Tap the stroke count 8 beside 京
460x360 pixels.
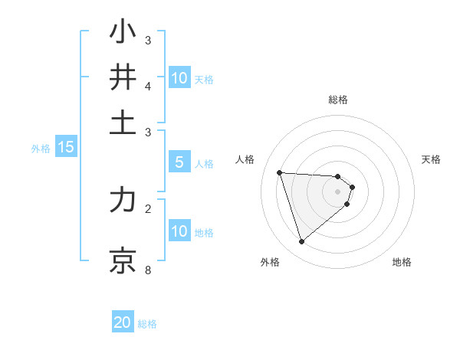(x=148, y=270)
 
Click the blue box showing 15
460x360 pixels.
(x=66, y=148)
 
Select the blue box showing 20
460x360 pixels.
(x=123, y=322)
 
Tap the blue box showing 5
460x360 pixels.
(x=179, y=162)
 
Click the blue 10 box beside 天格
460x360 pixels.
(x=179, y=78)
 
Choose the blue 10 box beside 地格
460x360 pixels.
(x=179, y=231)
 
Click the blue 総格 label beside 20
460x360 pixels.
(x=147, y=324)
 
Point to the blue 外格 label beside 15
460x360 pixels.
(x=40, y=149)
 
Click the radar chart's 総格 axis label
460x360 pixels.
(x=338, y=100)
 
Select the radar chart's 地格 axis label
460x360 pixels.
(x=402, y=262)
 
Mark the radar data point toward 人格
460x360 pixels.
(x=280, y=172)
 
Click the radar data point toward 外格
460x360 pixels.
(x=301, y=242)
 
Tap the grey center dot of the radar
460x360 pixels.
(x=338, y=191)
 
